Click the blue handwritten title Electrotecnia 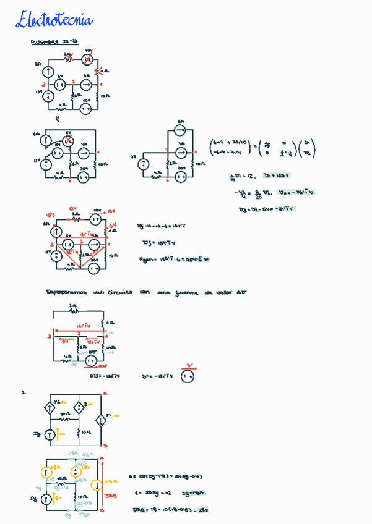[x=54, y=20]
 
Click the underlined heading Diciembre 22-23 [x=54, y=43]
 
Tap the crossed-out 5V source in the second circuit [x=69, y=142]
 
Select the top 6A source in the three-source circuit [x=180, y=130]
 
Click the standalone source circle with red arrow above [x=190, y=375]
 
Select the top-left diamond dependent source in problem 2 [x=50, y=408]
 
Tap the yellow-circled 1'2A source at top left [x=47, y=473]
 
